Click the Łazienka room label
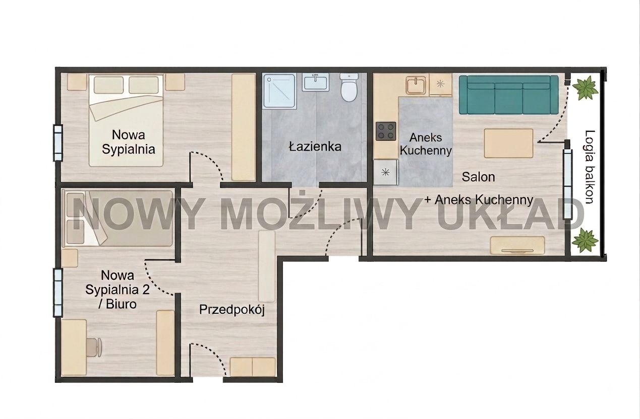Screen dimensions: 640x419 [x=315, y=147]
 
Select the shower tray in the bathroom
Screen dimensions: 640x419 [x=279, y=91]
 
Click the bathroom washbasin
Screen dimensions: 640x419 [x=315, y=82]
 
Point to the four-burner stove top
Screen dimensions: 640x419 [x=386, y=131]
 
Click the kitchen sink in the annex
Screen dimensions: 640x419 [x=416, y=85]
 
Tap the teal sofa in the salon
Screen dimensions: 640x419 [x=508, y=95]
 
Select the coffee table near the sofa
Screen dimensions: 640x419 [x=508, y=143]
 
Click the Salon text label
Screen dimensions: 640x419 [x=478, y=177]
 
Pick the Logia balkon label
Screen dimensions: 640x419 [x=590, y=167]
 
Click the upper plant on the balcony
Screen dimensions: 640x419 [x=586, y=88]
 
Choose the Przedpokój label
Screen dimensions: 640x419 [x=231, y=310]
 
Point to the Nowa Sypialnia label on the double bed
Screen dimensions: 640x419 [x=128, y=142]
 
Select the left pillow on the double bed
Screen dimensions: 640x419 [x=108, y=85]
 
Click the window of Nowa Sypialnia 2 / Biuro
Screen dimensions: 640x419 [x=58, y=293]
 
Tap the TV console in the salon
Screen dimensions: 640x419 [x=517, y=245]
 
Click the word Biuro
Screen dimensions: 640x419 [x=121, y=304]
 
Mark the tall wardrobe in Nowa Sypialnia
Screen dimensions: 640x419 [x=244, y=127]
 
